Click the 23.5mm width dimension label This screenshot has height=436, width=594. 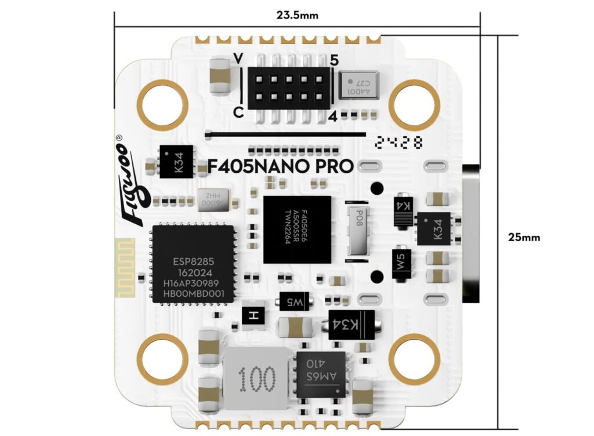pyautogui.click(x=297, y=16)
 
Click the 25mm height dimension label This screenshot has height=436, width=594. pyautogui.click(x=524, y=237)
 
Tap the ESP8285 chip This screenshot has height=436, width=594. pyautogui.click(x=193, y=264)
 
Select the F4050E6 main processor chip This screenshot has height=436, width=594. pyautogui.click(x=297, y=229)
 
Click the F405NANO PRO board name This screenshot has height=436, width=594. pyautogui.click(x=281, y=166)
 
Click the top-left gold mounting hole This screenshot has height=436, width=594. pyautogui.click(x=163, y=104)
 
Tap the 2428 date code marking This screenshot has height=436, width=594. pyautogui.click(x=399, y=142)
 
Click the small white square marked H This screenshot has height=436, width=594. pyautogui.click(x=252, y=315)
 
